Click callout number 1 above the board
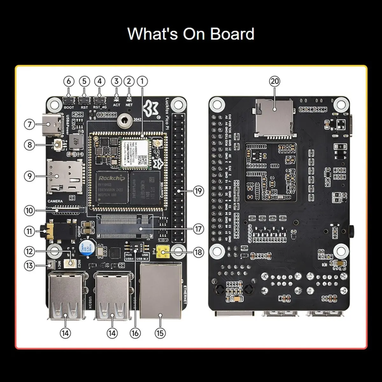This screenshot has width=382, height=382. [x=142, y=81]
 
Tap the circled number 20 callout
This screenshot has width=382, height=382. [x=274, y=81]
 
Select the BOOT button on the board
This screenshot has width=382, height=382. [x=69, y=101]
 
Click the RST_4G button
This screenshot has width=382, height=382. [x=100, y=101]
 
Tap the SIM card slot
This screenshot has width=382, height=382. [x=64, y=176]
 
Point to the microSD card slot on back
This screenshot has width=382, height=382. [x=274, y=118]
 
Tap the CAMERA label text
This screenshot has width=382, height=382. [x=55, y=202]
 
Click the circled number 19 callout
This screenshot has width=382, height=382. [x=198, y=191]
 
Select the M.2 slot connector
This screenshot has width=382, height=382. [x=124, y=227]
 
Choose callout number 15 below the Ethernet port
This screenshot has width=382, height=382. [x=160, y=333]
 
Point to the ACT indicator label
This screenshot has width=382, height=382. [x=117, y=105]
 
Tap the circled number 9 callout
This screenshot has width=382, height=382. [x=30, y=176]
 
